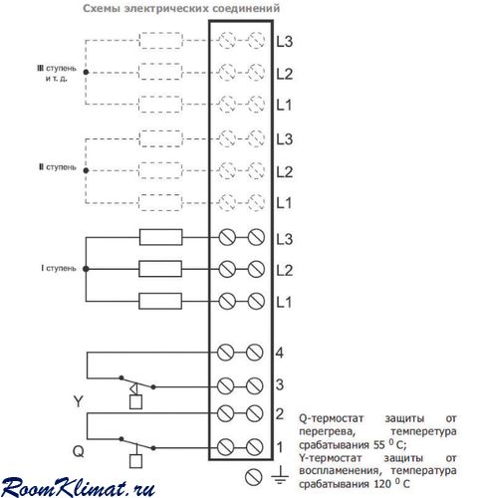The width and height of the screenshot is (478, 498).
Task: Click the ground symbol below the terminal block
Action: [x=280, y=475]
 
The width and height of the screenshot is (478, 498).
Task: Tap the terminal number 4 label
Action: [x=280, y=353]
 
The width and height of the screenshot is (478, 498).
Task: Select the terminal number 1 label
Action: [x=280, y=447]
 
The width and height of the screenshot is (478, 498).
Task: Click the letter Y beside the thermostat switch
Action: [x=78, y=401]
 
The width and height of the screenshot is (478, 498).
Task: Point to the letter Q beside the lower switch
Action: [x=79, y=451]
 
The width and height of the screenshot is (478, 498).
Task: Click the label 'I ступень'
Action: [x=59, y=268]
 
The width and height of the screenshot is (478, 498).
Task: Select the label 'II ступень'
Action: [x=58, y=167]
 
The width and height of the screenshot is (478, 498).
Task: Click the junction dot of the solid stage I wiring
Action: [x=86, y=269]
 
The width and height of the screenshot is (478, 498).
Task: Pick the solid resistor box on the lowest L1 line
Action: [x=160, y=301]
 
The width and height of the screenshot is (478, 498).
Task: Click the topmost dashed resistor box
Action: [x=160, y=41]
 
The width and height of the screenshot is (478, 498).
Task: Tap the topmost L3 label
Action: [x=285, y=41]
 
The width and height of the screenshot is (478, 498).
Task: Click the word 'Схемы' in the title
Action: [x=102, y=8]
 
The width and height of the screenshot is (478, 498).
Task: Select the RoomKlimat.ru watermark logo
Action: [x=78, y=487]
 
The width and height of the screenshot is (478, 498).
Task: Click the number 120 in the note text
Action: [x=381, y=484]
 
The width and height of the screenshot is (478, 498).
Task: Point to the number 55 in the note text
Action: [x=379, y=444]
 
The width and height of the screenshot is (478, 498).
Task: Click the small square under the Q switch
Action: [x=135, y=461]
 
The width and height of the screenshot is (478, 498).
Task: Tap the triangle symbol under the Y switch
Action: [x=133, y=388]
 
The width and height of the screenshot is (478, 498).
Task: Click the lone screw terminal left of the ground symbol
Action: [x=253, y=477]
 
